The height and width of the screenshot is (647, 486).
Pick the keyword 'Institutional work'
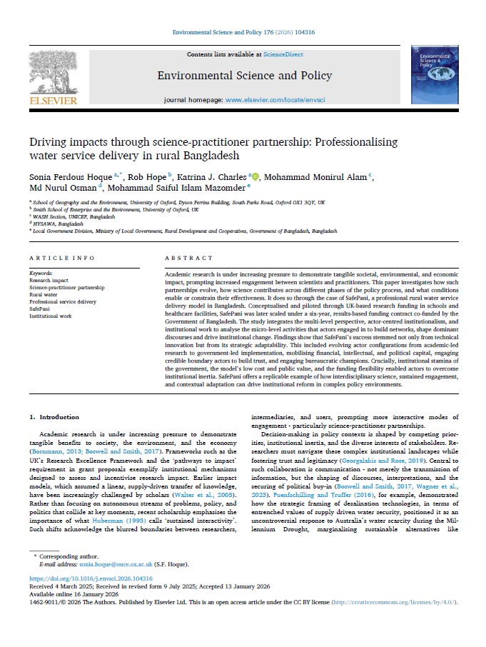click(x=51, y=315)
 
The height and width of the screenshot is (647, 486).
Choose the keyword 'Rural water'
click(x=44, y=294)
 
